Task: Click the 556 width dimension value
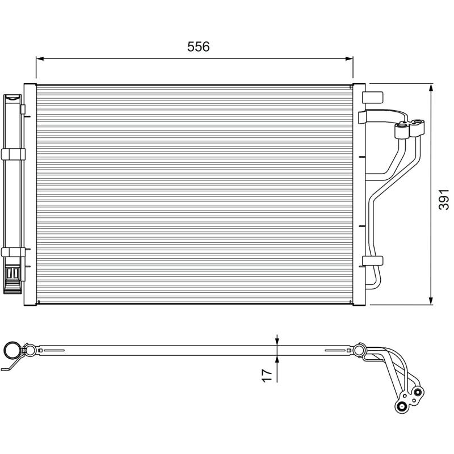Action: tap(199, 47)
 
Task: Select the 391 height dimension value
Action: tap(444, 200)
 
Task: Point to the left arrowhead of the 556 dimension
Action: tap(39, 58)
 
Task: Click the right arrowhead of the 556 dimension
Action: tap(350, 58)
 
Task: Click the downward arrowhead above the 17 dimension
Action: tap(277, 340)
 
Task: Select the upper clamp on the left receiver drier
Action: tap(13, 153)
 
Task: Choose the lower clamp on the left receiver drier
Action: tap(13, 252)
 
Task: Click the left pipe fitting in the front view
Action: tap(402, 131)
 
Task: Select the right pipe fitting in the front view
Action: tap(418, 126)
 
